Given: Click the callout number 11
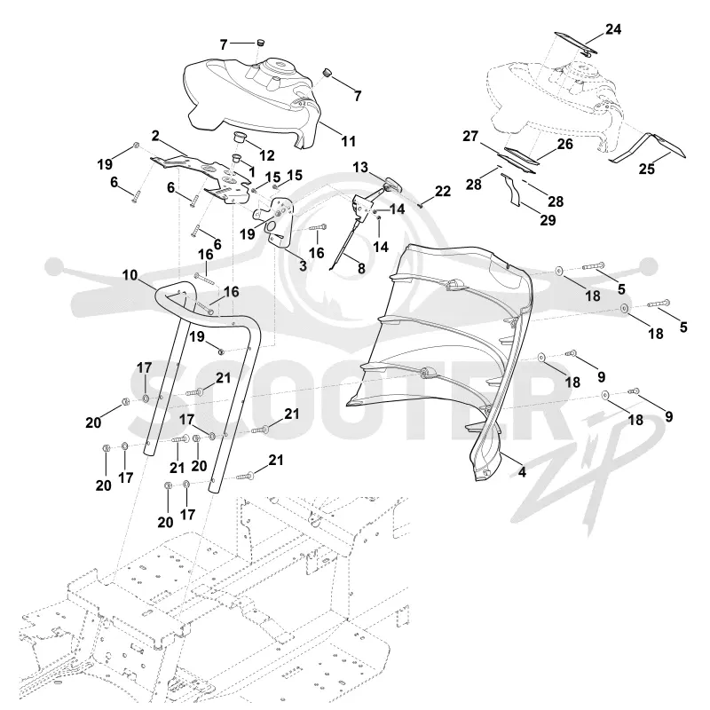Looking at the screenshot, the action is click(x=348, y=141).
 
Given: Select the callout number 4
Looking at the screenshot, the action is click(x=522, y=472).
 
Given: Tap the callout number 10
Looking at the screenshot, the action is click(x=130, y=275).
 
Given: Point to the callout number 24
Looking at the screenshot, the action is click(x=613, y=29).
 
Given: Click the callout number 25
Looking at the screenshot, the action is click(x=647, y=169).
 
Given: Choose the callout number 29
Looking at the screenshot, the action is click(x=548, y=220).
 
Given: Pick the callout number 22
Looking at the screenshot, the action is click(x=443, y=191).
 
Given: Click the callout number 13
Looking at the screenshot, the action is click(x=360, y=168).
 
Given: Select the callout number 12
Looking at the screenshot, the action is click(x=267, y=155).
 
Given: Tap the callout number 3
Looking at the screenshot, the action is click(x=303, y=265).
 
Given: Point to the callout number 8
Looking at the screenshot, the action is click(x=361, y=268).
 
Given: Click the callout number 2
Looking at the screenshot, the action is click(x=155, y=136).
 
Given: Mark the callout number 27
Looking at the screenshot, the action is click(x=470, y=136).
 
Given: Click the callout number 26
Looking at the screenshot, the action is click(x=564, y=144).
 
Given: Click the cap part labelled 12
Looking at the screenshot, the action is click(x=240, y=137).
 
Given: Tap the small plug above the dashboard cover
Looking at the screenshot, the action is click(x=260, y=42).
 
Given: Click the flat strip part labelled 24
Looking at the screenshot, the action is click(x=576, y=42).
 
